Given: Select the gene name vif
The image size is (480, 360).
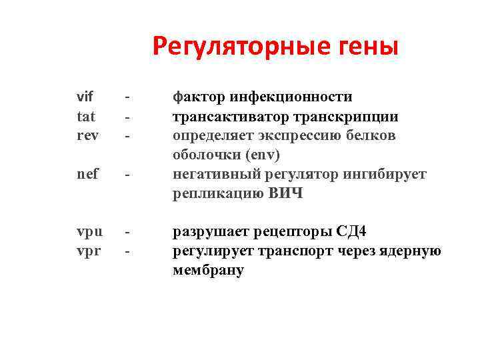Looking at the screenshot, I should pyautogui.click(x=85, y=97).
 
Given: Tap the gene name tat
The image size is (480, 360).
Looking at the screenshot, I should pyautogui.click(x=86, y=117).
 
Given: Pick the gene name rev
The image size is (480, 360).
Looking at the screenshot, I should pyautogui.click(x=87, y=136).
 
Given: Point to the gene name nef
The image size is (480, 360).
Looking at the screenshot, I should pyautogui.click(x=87, y=175).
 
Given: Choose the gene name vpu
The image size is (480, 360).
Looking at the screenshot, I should pyautogui.click(x=89, y=232).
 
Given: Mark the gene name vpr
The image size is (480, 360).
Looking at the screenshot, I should pyautogui.click(x=89, y=251).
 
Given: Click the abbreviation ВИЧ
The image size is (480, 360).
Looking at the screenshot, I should pyautogui.click(x=286, y=194).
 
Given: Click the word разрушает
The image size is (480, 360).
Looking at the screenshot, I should pyautogui.click(x=209, y=232).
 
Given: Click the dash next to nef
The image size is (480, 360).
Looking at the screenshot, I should pyautogui.click(x=126, y=175).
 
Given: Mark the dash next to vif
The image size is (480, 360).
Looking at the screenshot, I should pyautogui.click(x=126, y=98).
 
